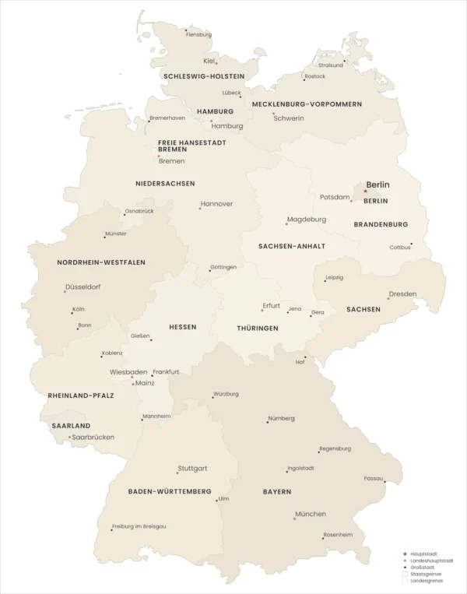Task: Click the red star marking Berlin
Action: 365,191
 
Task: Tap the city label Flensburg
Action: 198,34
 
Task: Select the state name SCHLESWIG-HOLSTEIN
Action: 204,76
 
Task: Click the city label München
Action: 311,514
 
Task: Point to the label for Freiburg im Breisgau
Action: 139,526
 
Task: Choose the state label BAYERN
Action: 277,492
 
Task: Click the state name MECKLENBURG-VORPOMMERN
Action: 307,104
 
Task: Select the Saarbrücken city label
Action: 93,437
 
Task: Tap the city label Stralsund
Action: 330,65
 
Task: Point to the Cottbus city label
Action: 400,248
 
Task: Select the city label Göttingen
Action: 223,267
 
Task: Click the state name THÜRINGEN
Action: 258,329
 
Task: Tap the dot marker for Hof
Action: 305,357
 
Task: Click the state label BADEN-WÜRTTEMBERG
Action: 170,492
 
